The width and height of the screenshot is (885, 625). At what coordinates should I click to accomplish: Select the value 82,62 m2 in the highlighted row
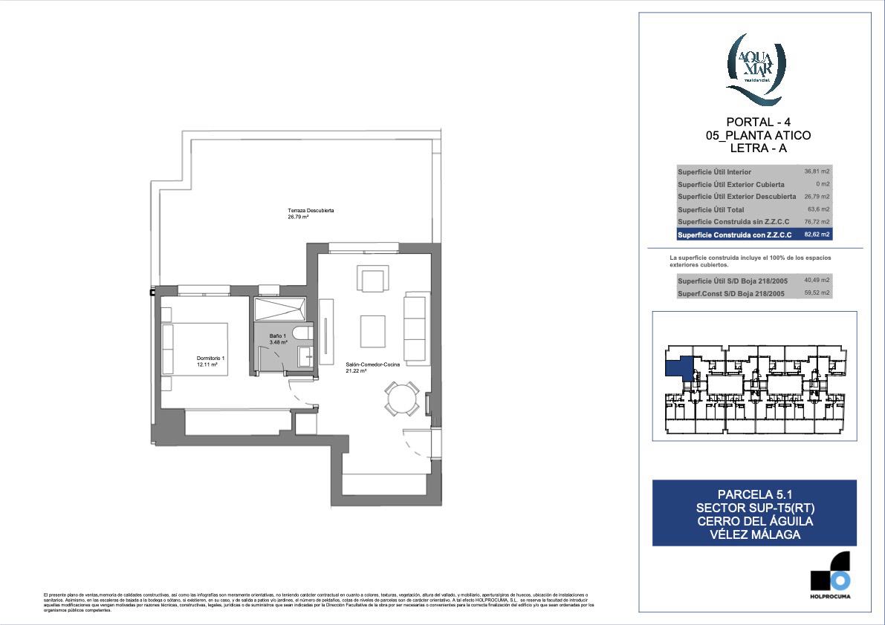point(817,235)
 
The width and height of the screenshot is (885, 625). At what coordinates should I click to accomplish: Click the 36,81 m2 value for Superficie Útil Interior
point(817,171)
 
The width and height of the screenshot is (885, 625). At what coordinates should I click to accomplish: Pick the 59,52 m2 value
point(817,293)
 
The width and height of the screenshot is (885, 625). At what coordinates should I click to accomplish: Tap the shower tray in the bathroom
point(280,309)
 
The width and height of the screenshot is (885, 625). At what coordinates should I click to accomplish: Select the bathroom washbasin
point(305,356)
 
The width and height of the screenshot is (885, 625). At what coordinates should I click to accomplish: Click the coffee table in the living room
point(372,331)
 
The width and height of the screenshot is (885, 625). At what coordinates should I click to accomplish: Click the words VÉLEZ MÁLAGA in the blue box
point(754,534)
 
